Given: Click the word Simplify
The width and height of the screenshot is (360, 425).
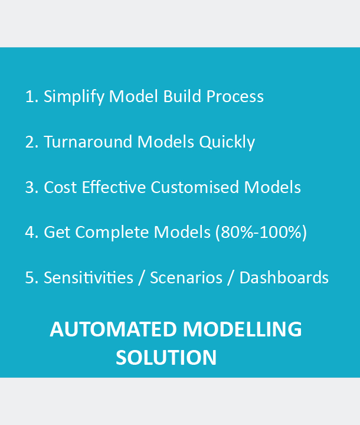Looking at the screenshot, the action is pyautogui.click(x=74, y=97).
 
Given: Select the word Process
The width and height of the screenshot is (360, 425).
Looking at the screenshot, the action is pyautogui.click(x=235, y=96).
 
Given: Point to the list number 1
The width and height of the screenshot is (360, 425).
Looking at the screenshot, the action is pyautogui.click(x=32, y=96).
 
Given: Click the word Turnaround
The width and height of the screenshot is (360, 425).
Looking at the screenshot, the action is pyautogui.click(x=88, y=142).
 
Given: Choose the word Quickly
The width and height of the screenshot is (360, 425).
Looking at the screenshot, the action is pyautogui.click(x=227, y=142).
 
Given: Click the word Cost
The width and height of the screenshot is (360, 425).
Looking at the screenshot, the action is pyautogui.click(x=60, y=187).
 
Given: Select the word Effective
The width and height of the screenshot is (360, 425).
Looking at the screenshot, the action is pyautogui.click(x=114, y=187).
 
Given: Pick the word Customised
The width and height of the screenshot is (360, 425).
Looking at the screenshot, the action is pyautogui.click(x=195, y=187).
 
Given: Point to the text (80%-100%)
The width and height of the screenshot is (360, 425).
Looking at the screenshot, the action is pyautogui.click(x=261, y=233).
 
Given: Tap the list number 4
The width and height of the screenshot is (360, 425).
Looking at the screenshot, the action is pyautogui.click(x=32, y=233).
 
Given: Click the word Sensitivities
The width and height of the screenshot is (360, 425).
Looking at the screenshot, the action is pyautogui.click(x=89, y=277).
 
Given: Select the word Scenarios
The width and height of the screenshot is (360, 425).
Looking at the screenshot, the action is pyautogui.click(x=186, y=277).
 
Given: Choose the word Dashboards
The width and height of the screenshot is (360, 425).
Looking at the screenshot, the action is pyautogui.click(x=284, y=277).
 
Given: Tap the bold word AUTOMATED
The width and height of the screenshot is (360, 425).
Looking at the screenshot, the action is pyautogui.click(x=113, y=329).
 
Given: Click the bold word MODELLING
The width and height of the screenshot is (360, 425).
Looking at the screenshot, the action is pyautogui.click(x=243, y=329).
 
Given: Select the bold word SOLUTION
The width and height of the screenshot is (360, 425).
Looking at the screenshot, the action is pyautogui.click(x=166, y=358).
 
